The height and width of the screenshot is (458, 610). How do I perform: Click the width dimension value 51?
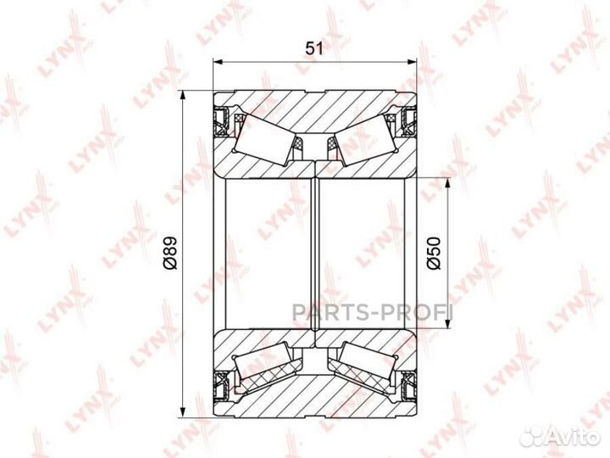click(314, 48)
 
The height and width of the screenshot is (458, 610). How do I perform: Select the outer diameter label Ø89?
click(169, 253)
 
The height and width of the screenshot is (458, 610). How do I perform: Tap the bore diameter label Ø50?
click(434, 253)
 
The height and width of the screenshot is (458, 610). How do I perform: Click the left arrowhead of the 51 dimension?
click(218, 61)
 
